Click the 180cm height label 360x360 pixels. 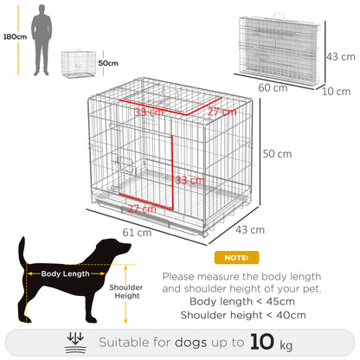pos(13,38)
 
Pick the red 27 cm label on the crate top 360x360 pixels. pos(221,112)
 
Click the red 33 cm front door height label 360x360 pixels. pos(189,181)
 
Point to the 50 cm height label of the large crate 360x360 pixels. pos(277,153)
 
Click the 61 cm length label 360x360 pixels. pos(138,233)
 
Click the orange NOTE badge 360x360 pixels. pos(236,258)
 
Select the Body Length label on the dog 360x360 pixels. pos(63,273)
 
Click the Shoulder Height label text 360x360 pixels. pos(125,291)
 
